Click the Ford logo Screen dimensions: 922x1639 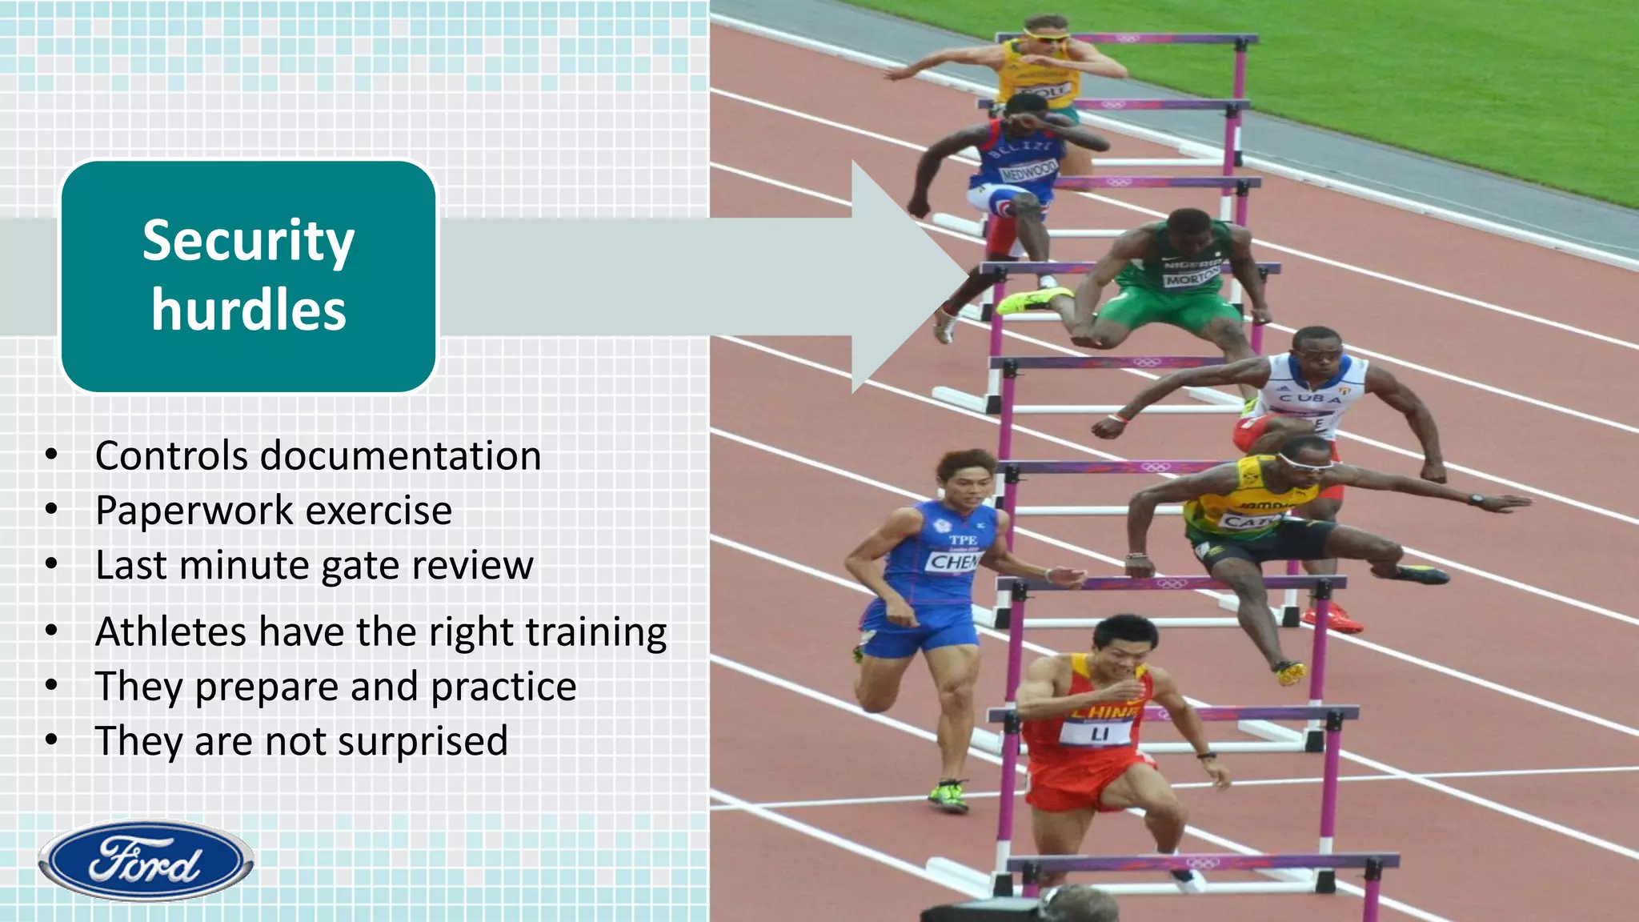click(146, 861)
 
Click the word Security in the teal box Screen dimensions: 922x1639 click(248, 242)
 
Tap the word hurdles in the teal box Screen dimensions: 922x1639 click(248, 311)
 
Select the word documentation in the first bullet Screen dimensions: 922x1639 click(401, 456)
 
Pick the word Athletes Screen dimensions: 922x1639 click(170, 631)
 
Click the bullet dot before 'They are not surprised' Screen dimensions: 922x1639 click(52, 740)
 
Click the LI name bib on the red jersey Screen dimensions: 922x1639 click(1099, 733)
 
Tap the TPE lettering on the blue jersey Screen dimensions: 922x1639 click(963, 540)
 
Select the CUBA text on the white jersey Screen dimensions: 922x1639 click(1309, 398)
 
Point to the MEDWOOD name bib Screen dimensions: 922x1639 click(1028, 170)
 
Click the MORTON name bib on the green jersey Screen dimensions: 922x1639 click(1192, 278)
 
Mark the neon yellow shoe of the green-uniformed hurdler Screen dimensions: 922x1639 click(1024, 301)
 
